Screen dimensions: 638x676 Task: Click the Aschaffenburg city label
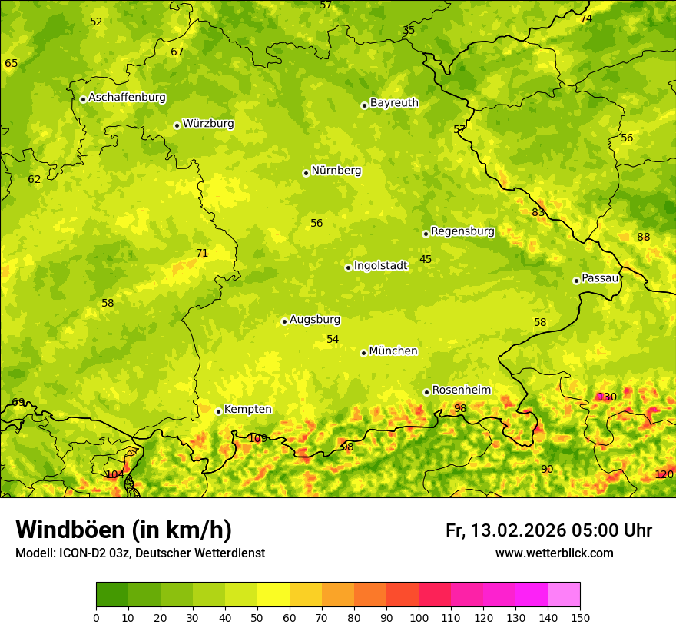(127, 98)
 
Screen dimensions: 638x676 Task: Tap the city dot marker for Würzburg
(177, 125)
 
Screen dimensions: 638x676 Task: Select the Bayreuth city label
(394, 103)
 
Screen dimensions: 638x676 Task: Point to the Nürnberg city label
(336, 171)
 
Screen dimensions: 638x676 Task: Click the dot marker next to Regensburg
(426, 234)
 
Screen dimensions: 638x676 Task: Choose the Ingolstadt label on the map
(380, 266)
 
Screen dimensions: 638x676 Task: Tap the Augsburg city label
(314, 320)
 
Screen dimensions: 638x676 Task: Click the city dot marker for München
(363, 353)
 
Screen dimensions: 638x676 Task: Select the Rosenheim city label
(461, 390)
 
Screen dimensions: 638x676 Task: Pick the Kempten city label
(247, 410)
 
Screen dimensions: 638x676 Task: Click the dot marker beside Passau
(576, 281)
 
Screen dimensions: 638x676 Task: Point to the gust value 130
(607, 397)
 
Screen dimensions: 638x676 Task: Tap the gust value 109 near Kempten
(257, 438)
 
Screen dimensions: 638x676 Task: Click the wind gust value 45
(426, 259)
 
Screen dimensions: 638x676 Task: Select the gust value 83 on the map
(538, 212)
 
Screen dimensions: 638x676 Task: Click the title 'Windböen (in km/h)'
(123, 530)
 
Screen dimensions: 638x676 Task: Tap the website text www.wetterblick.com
(554, 553)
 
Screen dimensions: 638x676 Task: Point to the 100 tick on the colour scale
(419, 617)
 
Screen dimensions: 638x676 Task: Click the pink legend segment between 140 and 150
(564, 595)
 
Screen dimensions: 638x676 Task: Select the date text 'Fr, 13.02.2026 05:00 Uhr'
(548, 530)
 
